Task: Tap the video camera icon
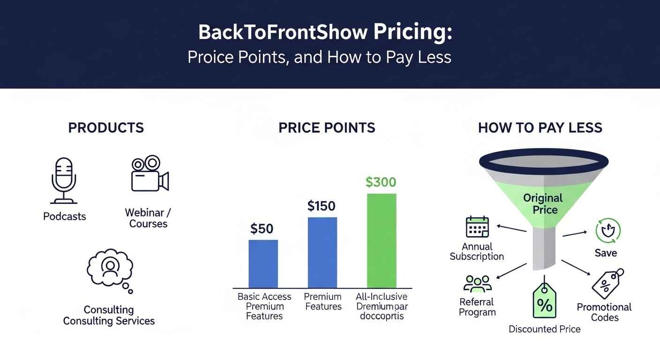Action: [150, 174]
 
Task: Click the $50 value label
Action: [262, 229]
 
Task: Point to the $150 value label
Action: [322, 206]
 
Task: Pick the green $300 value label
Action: [381, 182]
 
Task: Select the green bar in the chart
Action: [381, 240]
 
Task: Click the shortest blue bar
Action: [263, 263]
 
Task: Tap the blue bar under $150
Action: [322, 252]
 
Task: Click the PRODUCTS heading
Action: [106, 128]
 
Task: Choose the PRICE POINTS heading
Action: [327, 128]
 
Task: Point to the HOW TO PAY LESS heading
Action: [540, 128]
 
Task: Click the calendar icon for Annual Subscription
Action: [477, 227]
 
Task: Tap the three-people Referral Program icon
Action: [477, 284]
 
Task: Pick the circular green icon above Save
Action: [607, 231]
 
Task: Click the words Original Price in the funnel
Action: [544, 203]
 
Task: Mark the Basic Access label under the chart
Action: [264, 297]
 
